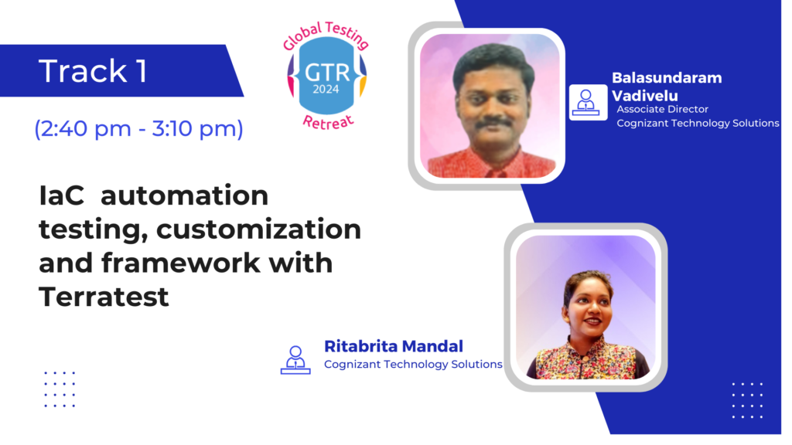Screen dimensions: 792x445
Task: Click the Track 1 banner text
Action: [x=93, y=70]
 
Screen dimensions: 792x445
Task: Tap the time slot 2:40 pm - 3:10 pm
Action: [x=138, y=129]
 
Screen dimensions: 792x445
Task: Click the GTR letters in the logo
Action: [x=327, y=73]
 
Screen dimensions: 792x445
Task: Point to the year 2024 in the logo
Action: [x=326, y=90]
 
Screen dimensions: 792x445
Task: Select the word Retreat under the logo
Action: [x=328, y=122]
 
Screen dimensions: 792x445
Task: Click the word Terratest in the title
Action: [x=104, y=296]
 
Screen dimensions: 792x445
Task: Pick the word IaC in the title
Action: [x=62, y=195]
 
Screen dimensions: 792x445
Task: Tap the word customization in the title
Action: [x=258, y=229]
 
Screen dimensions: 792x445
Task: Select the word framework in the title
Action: [x=181, y=263]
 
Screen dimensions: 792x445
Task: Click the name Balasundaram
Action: [x=667, y=78]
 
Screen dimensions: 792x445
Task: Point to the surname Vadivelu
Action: [x=645, y=96]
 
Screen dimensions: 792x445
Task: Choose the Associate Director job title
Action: [x=662, y=109]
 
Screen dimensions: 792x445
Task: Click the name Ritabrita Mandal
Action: [x=394, y=346]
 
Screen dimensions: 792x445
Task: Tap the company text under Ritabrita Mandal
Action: [x=413, y=365]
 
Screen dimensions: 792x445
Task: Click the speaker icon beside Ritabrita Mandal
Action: [x=295, y=360]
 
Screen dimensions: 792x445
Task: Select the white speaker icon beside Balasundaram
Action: [x=588, y=103]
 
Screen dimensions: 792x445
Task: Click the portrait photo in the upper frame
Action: [x=490, y=106]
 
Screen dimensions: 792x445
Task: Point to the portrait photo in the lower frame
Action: [x=586, y=307]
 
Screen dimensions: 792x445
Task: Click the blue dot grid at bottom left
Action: [x=60, y=389]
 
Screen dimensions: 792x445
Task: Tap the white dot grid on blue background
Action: [x=748, y=400]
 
